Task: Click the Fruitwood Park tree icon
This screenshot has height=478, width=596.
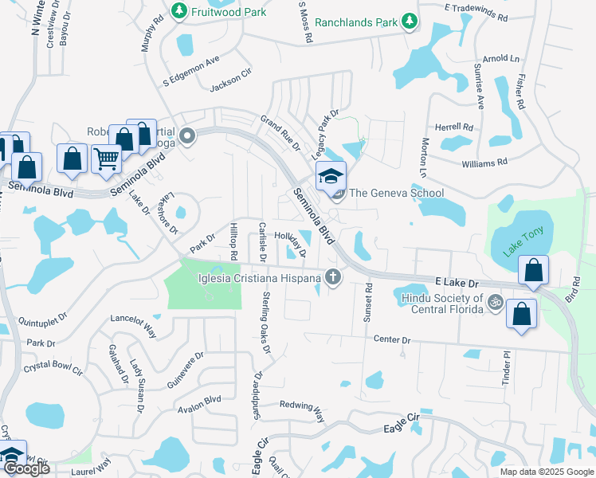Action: [x=179, y=11]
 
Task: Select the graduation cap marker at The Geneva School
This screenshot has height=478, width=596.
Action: [x=331, y=175]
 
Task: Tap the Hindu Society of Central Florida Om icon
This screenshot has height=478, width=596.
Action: [x=493, y=304]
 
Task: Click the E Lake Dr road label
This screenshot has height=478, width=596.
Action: [x=457, y=283]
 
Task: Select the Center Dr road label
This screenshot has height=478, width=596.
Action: [x=394, y=339]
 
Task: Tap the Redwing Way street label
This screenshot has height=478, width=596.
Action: [x=304, y=410]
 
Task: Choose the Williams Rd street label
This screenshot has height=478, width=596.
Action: [x=484, y=163]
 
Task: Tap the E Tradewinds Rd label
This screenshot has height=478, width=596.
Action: [x=480, y=7]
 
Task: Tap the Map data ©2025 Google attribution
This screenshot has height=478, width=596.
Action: [x=546, y=472]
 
